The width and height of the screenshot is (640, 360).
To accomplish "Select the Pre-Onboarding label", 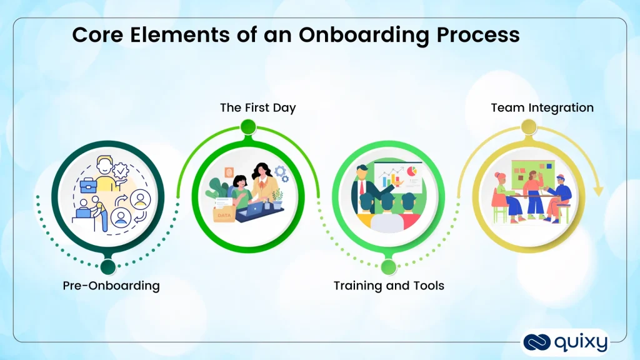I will [111, 286].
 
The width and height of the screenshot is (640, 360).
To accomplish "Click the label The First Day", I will [257, 107].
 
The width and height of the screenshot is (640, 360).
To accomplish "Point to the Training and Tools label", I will [389, 286].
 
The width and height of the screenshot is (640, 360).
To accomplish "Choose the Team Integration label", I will [542, 107].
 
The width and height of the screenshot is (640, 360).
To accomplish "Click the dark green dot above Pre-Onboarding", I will [108, 267].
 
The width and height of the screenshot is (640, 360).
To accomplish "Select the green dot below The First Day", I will [248, 127].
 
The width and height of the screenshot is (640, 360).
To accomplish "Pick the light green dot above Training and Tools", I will [389, 267].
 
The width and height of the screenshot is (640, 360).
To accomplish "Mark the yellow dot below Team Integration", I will [529, 127].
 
